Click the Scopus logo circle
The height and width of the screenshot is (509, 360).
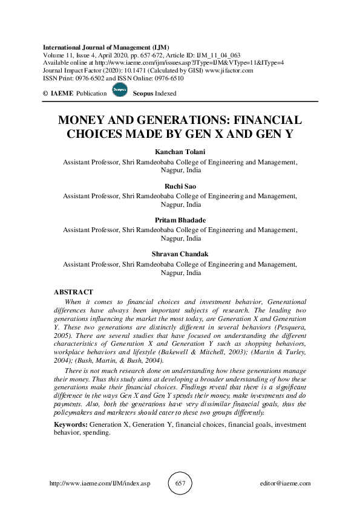tap(120, 91)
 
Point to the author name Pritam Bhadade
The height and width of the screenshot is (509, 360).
tap(180, 221)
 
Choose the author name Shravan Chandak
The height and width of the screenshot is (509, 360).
tap(180, 254)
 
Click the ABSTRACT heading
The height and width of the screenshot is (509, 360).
tap(74, 293)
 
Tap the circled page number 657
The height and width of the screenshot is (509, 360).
tap(180, 484)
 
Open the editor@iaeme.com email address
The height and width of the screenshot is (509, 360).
tap(284, 484)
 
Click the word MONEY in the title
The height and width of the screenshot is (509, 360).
tap(82, 120)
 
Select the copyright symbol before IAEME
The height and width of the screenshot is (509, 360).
tap(46, 94)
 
